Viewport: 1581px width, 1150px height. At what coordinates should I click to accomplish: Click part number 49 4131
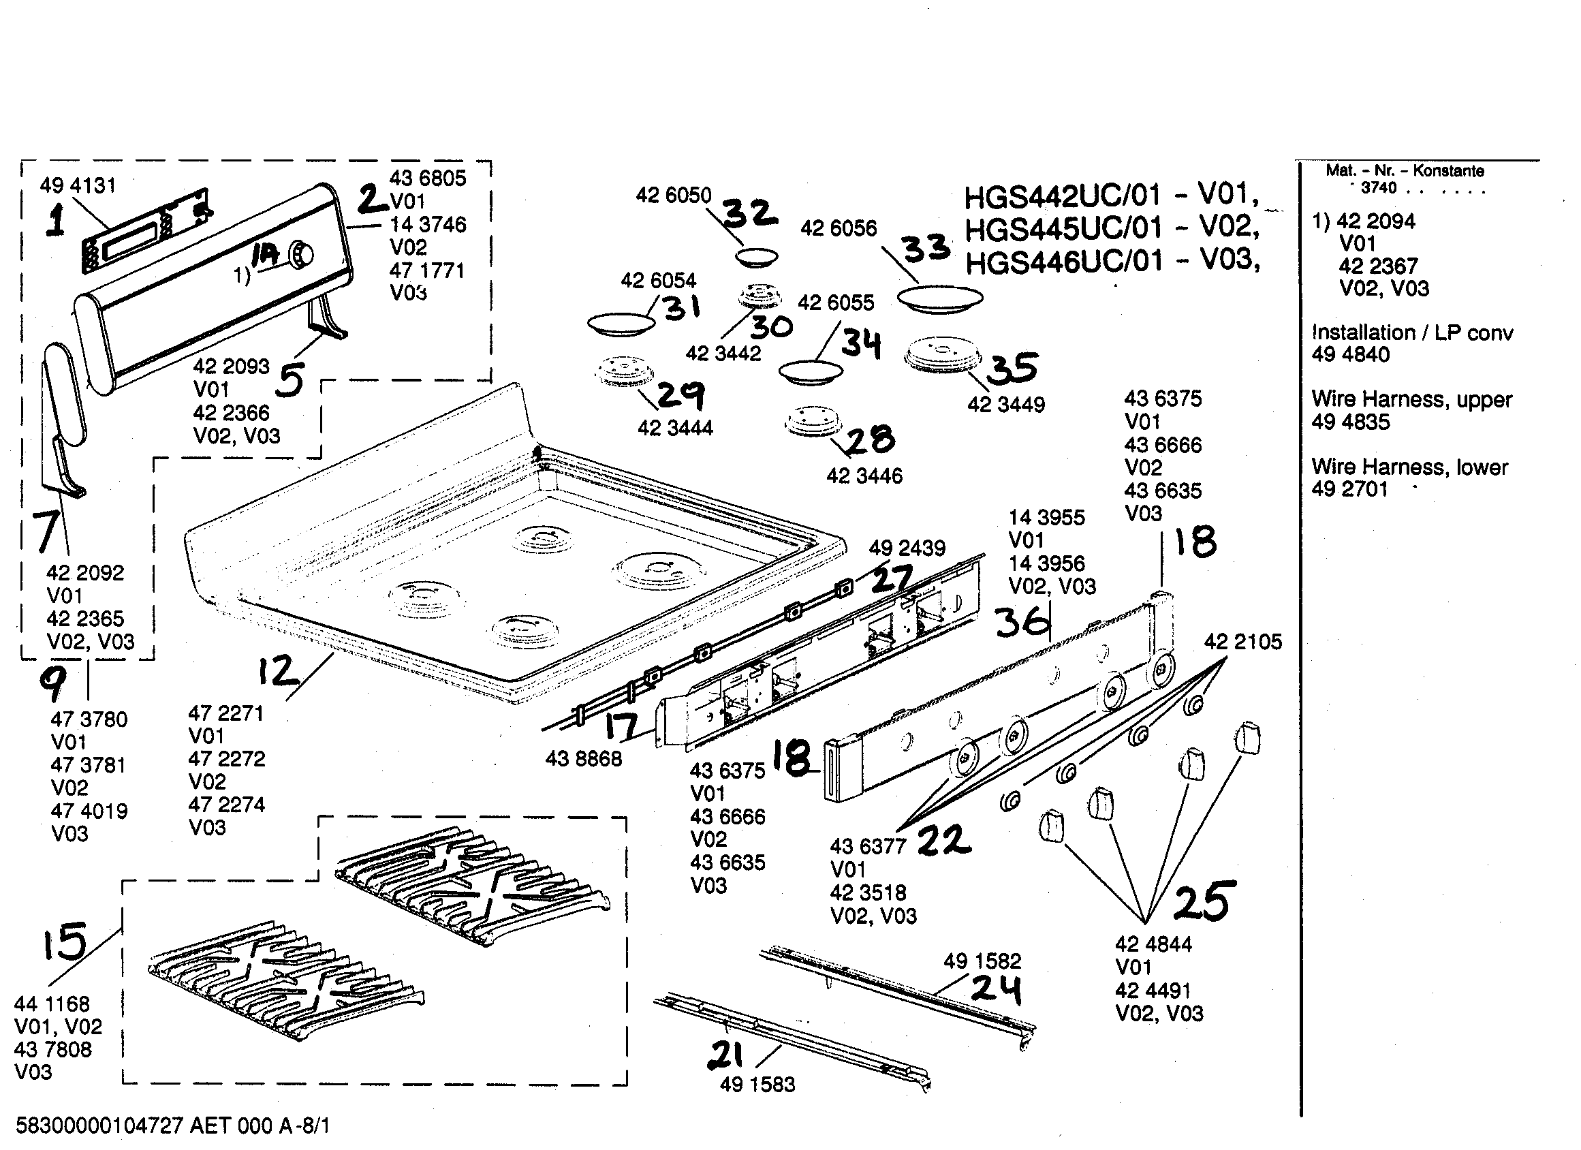pos(78,185)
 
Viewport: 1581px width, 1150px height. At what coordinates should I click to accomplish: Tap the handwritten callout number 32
pos(749,213)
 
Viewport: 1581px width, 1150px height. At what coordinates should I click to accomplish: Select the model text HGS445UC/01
pos(1063,228)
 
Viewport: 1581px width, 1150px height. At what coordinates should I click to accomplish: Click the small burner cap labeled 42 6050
pos(756,258)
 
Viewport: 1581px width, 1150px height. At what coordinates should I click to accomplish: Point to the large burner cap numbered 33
pos(940,298)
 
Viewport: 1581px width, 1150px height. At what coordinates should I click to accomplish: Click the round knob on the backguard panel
pos(301,255)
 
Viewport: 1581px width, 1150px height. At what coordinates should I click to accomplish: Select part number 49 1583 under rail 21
pos(757,1085)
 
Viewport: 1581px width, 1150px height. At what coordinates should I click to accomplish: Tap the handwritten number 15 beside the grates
pos(64,942)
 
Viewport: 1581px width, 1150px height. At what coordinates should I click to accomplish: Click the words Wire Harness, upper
pos(1411,400)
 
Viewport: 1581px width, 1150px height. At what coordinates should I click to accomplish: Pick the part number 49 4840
pos(1350,354)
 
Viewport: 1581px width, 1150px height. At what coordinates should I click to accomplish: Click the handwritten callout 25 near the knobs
pos(1204,902)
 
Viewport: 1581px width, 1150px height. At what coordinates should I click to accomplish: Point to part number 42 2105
pos(1242,642)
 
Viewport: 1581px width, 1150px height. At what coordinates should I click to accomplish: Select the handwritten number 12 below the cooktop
pos(278,672)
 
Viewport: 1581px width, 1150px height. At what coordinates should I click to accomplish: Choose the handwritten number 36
pos(1022,621)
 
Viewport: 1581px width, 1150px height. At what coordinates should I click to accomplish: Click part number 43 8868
pos(583,758)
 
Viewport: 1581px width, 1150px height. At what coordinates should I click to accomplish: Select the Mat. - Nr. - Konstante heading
pos(1404,171)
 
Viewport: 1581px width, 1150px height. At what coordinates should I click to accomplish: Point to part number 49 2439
pos(906,548)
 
